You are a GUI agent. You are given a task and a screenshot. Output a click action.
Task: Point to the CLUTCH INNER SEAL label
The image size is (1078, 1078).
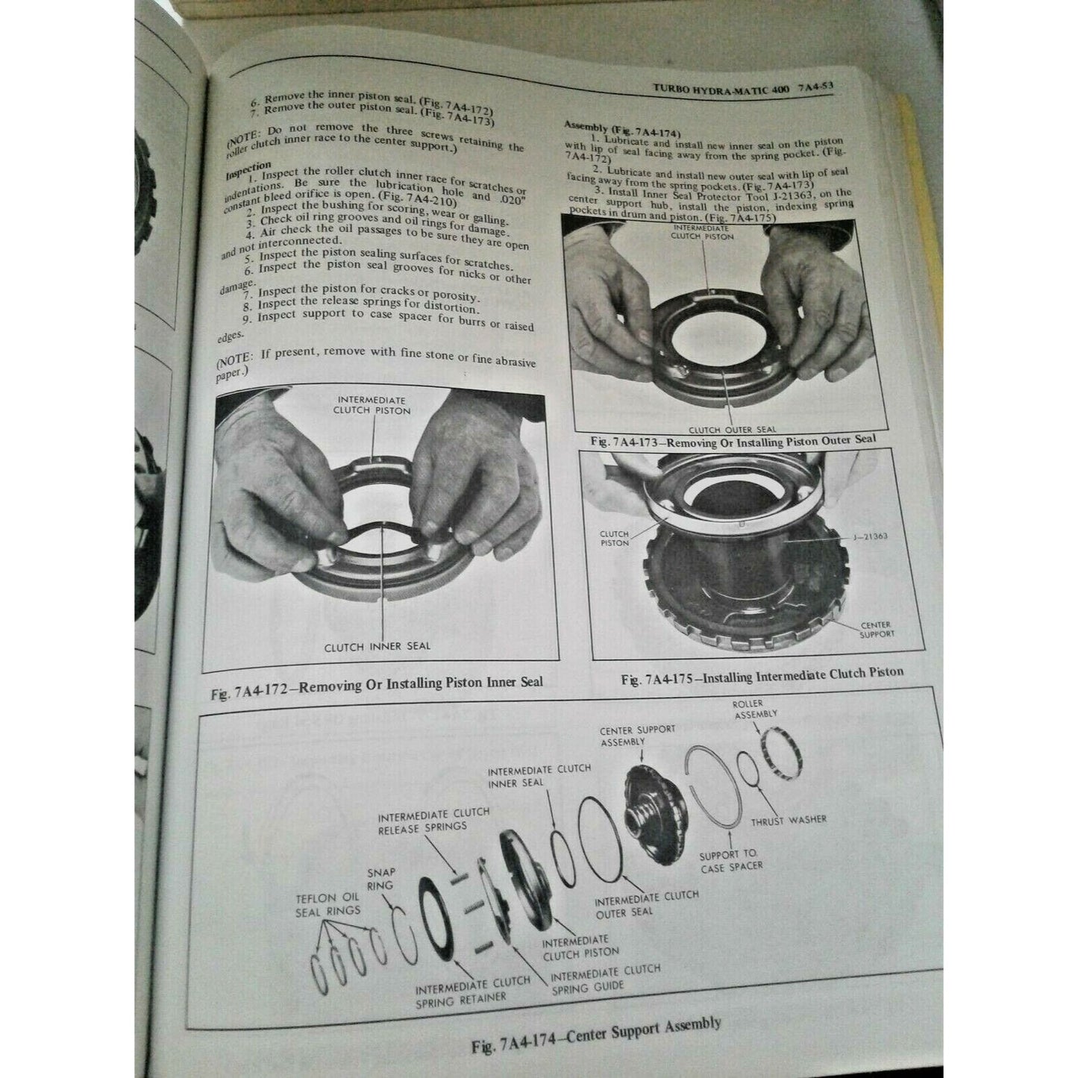377,646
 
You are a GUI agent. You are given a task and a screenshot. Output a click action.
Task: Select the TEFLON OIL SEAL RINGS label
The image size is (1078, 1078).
328,905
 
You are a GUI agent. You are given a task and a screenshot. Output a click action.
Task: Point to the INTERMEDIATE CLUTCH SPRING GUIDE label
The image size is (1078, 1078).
605,978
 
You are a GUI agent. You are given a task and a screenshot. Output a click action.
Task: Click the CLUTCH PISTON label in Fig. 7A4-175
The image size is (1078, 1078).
614,539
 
